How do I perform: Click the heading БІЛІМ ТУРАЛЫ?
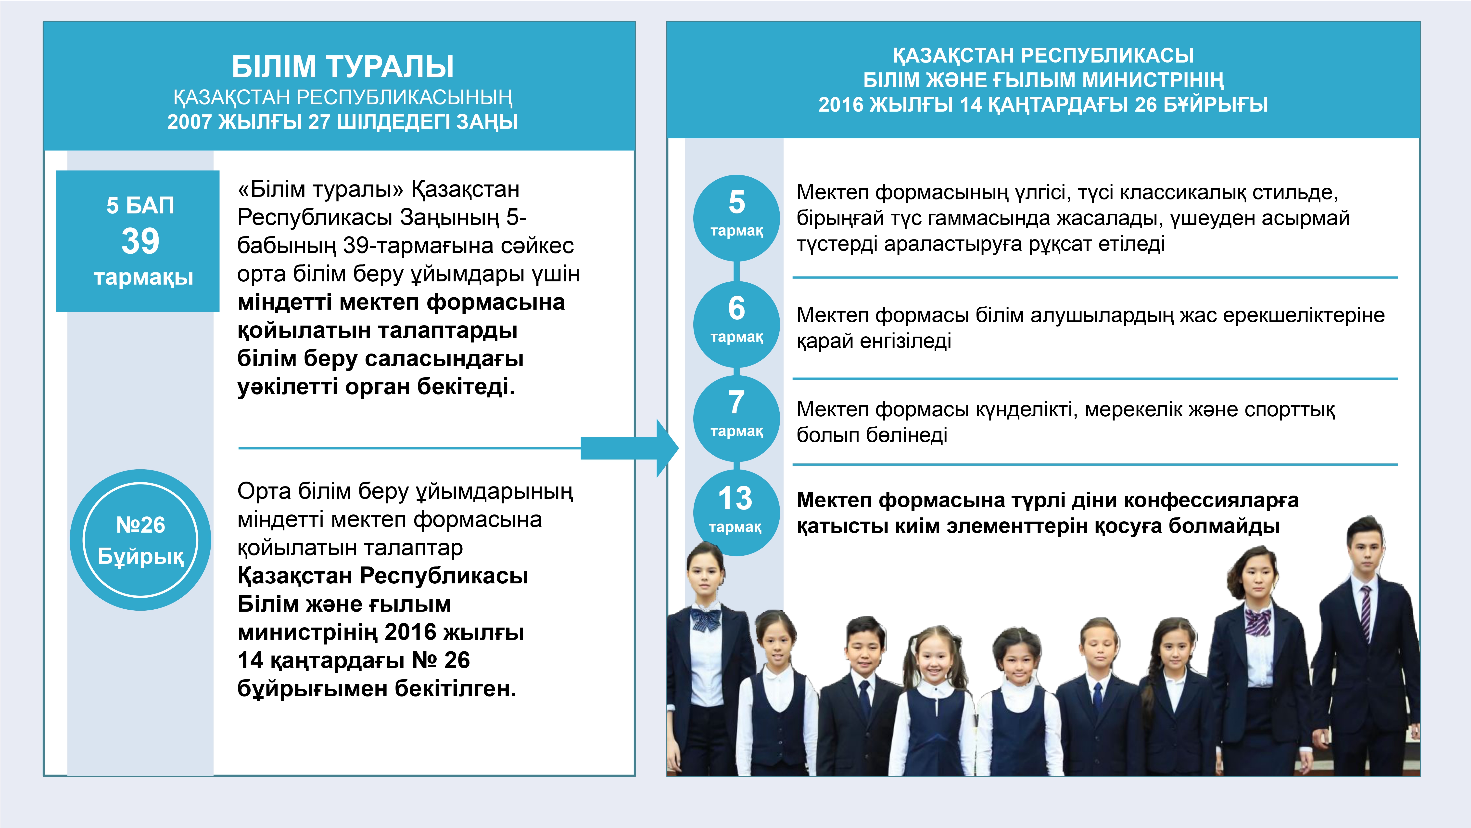tap(343, 66)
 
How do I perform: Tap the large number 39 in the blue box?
tap(140, 241)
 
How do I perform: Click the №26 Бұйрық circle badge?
tap(140, 540)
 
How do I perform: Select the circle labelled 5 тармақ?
tap(737, 218)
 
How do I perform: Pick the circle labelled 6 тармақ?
tap(737, 324)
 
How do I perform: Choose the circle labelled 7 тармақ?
tap(737, 418)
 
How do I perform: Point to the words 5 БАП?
tap(140, 205)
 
